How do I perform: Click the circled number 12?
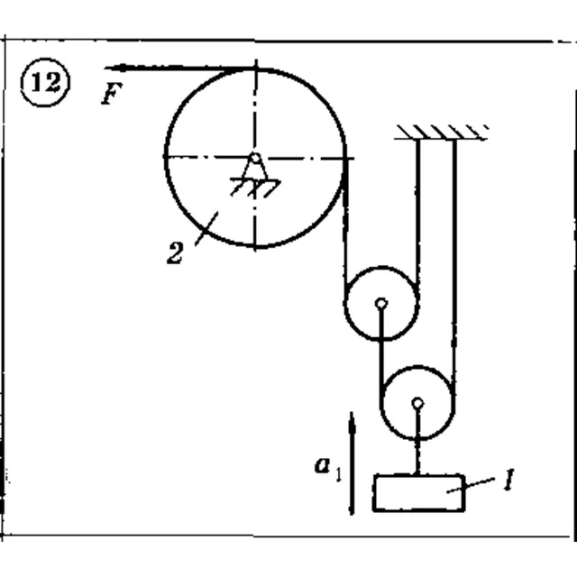coord(45,82)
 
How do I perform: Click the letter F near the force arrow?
coord(112,94)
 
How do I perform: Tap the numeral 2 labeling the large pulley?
coord(175,252)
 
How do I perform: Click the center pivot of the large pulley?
coord(254,159)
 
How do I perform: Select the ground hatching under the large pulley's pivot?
coord(255,188)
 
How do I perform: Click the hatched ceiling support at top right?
coord(441,133)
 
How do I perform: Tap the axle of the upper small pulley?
coord(381,304)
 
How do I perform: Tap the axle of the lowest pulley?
coord(417,403)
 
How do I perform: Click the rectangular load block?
coord(419,493)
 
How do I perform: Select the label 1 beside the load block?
coord(508,480)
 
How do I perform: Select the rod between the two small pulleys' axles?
coord(381,348)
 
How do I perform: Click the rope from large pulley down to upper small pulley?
coord(345,228)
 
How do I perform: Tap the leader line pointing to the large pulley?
coord(206,228)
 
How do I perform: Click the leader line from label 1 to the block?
coord(471,485)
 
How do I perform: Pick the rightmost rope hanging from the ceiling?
coord(454,265)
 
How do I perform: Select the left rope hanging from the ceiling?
coord(417,213)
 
